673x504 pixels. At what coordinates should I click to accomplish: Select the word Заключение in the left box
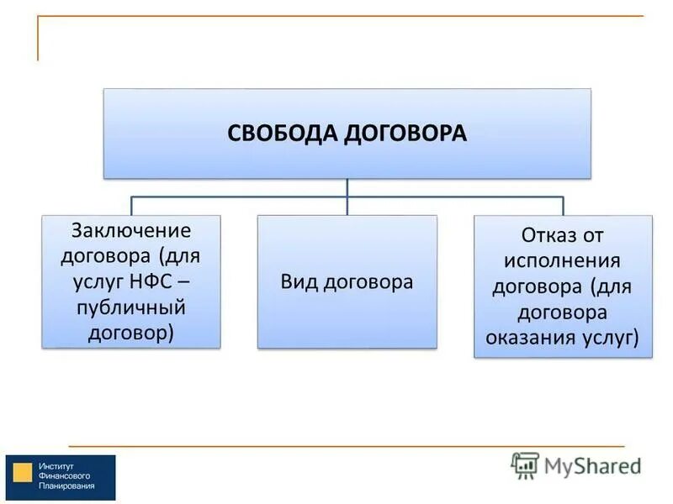click(x=131, y=231)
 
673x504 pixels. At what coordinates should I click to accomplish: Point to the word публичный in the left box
click(x=131, y=307)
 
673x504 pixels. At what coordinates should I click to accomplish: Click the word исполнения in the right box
click(x=563, y=260)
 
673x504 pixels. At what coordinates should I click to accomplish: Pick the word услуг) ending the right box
click(x=609, y=338)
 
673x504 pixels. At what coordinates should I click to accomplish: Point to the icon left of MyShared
click(x=525, y=465)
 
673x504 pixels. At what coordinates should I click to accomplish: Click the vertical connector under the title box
click(x=347, y=186)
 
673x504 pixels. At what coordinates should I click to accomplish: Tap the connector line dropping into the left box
click(x=131, y=206)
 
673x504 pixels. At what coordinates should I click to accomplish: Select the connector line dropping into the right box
click(x=563, y=206)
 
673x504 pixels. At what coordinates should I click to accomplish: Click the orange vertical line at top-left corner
click(x=38, y=38)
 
